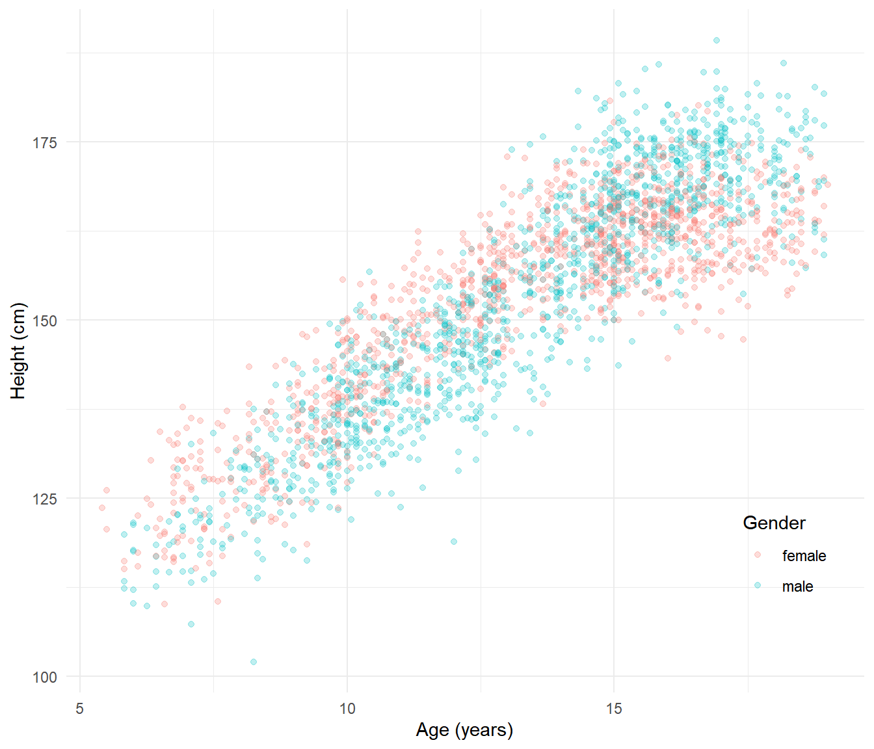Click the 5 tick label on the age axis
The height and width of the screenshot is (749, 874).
79,708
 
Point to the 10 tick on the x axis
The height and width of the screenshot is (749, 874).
347,708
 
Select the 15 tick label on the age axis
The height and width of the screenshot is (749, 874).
614,708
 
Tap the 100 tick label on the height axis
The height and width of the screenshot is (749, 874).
45,677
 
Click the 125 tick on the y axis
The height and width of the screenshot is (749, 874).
45,499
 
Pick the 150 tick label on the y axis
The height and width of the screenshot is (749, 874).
45,321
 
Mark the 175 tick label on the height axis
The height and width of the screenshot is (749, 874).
45,142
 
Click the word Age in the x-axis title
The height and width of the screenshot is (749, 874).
432,730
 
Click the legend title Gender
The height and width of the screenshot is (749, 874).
774,523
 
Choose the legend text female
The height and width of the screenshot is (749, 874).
804,556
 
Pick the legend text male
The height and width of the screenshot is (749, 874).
797,586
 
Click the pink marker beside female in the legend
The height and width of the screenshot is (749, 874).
758,555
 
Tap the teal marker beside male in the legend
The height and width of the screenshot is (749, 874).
758,585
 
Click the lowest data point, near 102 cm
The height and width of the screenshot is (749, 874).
254,662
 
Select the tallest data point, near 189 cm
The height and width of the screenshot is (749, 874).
717,40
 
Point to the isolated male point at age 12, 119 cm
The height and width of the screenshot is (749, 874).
454,542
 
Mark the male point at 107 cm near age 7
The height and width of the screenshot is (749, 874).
191,624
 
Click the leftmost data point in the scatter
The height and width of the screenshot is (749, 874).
102,508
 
